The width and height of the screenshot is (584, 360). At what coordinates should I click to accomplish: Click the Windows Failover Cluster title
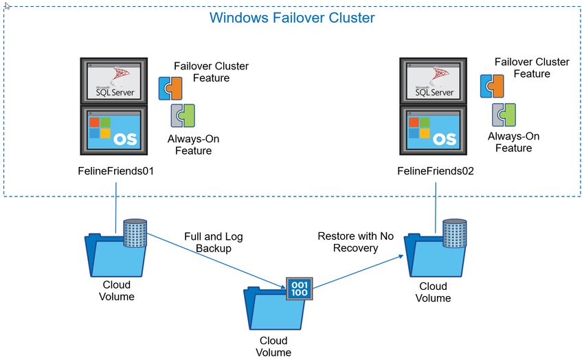tap(292, 18)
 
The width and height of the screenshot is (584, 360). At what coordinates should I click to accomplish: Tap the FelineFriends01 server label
tap(116, 171)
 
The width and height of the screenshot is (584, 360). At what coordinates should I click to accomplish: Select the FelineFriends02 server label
tap(436, 171)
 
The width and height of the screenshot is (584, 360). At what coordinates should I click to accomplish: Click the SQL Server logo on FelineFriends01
tap(114, 81)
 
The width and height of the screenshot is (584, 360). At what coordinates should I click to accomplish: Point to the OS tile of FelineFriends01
tap(114, 131)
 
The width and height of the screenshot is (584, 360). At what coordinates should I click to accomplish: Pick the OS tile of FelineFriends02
tap(433, 131)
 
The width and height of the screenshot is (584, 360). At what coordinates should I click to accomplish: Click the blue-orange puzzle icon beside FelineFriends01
tap(170, 88)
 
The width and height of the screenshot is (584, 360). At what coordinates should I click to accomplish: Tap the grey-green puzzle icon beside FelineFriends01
tap(183, 115)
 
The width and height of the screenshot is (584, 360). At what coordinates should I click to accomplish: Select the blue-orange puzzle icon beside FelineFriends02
tap(492, 86)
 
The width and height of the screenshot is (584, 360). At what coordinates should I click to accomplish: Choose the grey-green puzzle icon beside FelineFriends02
tap(504, 115)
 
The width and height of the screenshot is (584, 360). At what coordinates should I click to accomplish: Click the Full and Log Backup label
tap(214, 243)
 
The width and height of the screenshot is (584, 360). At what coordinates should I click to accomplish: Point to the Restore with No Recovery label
tap(356, 242)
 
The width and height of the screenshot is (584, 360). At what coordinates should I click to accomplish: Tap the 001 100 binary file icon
tap(300, 289)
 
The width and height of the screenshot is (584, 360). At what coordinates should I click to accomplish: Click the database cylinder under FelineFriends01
tap(135, 233)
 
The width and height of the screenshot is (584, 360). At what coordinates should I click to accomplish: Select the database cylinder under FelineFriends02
tap(454, 234)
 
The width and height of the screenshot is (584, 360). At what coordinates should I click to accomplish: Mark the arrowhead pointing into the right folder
tap(401, 256)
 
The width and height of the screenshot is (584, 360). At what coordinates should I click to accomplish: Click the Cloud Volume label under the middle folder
tap(273, 346)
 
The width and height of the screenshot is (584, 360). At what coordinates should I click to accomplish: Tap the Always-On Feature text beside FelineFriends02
tap(514, 142)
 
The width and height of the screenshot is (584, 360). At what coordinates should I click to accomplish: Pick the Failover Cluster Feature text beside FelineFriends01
tap(211, 72)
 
